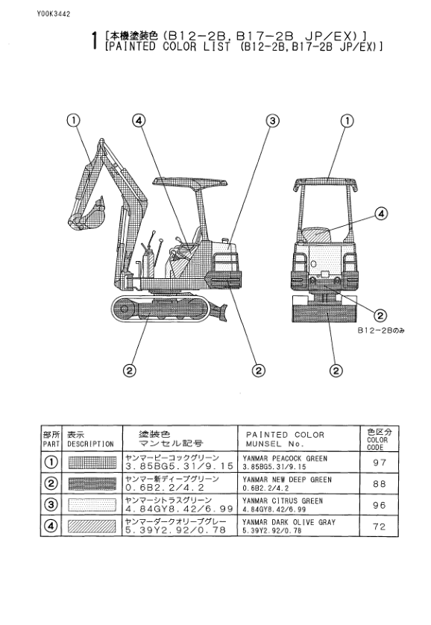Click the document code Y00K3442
pos(54,14)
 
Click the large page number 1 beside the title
pos(95,41)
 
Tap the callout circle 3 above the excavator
pos(272,120)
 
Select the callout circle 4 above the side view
pos(139,120)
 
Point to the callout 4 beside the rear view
pos(381,213)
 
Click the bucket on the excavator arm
pos(88,216)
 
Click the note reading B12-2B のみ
pos(381,330)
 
